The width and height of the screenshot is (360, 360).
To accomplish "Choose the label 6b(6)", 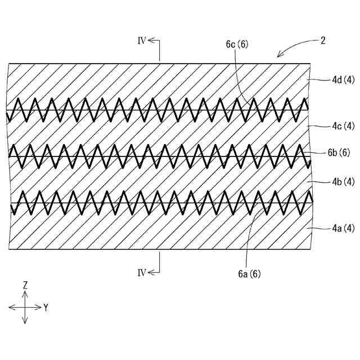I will click(x=338, y=152).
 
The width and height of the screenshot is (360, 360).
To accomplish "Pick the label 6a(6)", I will click(x=248, y=274).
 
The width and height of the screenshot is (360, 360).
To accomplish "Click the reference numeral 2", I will click(x=323, y=40).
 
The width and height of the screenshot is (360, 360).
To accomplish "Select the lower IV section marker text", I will click(x=142, y=272).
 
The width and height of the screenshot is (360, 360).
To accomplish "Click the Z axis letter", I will click(x=25, y=285).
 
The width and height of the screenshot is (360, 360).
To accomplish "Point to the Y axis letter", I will click(x=46, y=308).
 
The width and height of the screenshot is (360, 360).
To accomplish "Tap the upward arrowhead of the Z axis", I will click(x=25, y=294).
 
